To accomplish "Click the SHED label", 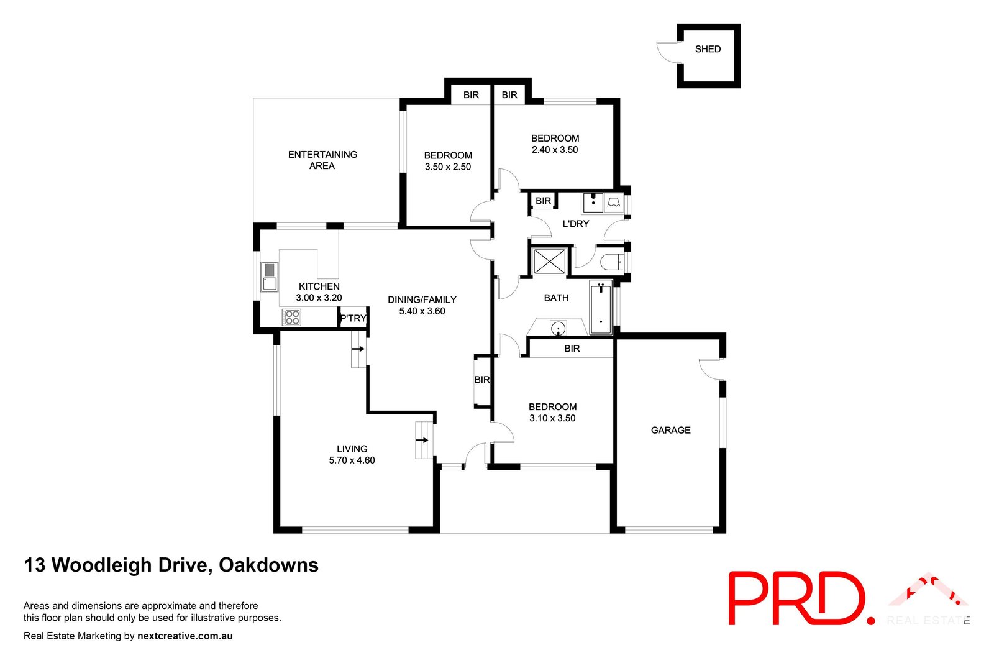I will (x=708, y=49).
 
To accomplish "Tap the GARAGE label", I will (x=670, y=430).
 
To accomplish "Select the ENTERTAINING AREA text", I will (x=322, y=160).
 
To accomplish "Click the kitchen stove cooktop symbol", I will (x=291, y=318).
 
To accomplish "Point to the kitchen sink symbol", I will (x=269, y=277).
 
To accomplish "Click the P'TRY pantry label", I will (x=353, y=318).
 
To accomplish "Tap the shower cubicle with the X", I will (x=550, y=262).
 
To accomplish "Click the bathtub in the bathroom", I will (x=601, y=308).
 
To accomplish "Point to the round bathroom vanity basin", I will (x=558, y=328).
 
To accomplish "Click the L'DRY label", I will (x=575, y=224).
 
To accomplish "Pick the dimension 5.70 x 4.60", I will (x=352, y=460).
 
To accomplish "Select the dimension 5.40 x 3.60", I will (x=422, y=311).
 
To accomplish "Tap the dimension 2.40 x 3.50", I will (x=555, y=150).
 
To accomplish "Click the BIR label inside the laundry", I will (x=543, y=201).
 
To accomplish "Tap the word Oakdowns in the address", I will (x=268, y=565).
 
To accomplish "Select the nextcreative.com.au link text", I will (x=185, y=636).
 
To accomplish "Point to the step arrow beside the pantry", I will (x=358, y=349).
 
